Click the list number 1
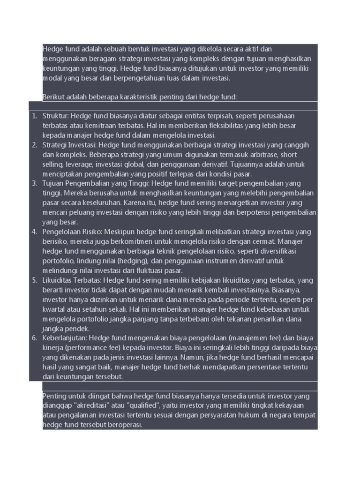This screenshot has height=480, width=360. click(x=34, y=116)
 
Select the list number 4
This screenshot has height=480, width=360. click(x=34, y=232)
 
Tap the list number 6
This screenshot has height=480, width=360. click(x=34, y=338)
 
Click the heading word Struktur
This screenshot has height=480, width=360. click(x=55, y=116)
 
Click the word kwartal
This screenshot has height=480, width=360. click(x=53, y=309)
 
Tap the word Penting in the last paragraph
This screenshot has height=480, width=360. click(x=55, y=396)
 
